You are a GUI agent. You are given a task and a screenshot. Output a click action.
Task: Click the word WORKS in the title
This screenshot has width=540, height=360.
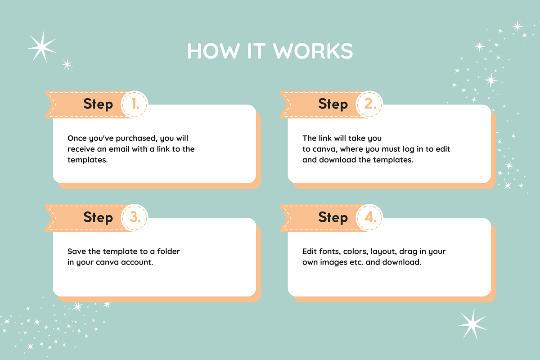pos(313,51)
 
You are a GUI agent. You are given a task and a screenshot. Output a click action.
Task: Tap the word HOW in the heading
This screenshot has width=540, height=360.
pos(213,51)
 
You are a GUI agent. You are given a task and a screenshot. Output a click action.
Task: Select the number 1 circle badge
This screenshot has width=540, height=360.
pos(134,104)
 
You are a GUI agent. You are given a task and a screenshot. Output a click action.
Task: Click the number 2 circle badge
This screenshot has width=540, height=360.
pos(369,104)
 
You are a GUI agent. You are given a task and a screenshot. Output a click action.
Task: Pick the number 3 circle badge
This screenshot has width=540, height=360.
pos(134,217)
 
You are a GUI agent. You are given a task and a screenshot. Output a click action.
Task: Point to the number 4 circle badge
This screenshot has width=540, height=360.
pos(369,217)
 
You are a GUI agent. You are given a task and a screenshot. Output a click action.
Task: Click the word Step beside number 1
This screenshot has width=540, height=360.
pos(98,104)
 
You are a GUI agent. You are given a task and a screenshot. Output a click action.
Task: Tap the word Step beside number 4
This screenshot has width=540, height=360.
pos(333,218)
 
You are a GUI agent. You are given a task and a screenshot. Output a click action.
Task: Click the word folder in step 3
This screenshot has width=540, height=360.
pos(168,251)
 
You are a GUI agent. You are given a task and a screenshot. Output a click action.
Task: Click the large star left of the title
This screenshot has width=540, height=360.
pos(42,47)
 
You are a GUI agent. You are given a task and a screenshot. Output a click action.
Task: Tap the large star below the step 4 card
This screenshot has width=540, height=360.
pos(473,324)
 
